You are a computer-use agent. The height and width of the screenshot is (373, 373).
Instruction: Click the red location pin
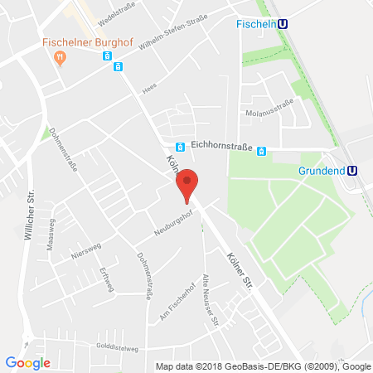click(189, 184)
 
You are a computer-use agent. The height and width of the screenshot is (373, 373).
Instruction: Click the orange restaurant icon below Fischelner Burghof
click(59, 56)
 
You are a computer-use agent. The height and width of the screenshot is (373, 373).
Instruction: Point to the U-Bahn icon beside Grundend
click(352, 171)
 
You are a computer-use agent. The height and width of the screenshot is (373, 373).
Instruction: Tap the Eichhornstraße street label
click(219, 144)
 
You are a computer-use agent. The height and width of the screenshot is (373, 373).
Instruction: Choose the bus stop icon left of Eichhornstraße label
click(179, 147)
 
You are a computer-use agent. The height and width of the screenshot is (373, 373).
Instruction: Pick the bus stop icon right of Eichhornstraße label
click(260, 152)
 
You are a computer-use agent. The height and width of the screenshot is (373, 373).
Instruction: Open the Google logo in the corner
click(28, 362)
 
